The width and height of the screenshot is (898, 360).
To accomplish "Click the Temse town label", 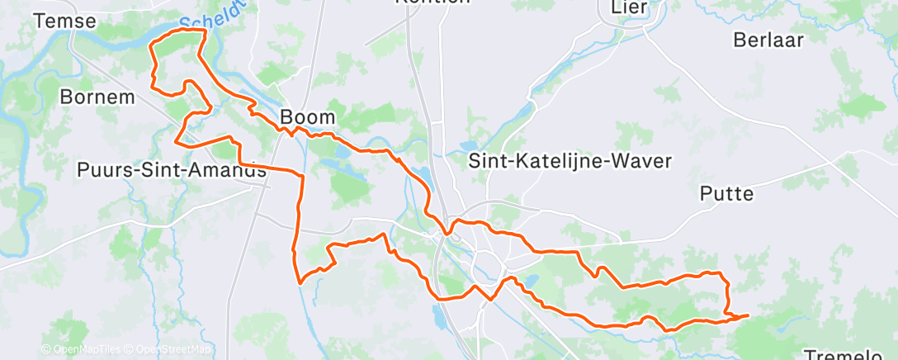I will coord(65,21).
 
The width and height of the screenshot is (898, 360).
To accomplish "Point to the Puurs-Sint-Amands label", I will coord(171,170).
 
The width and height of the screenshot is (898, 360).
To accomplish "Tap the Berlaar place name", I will coord(768,41).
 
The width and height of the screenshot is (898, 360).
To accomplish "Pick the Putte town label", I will coord(726,194).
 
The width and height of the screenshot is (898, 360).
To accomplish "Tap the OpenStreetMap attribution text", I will coord(169,349).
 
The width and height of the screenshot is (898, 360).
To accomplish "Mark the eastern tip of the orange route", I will coord(748,315).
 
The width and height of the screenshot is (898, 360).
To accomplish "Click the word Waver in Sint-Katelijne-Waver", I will coord(645,160).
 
